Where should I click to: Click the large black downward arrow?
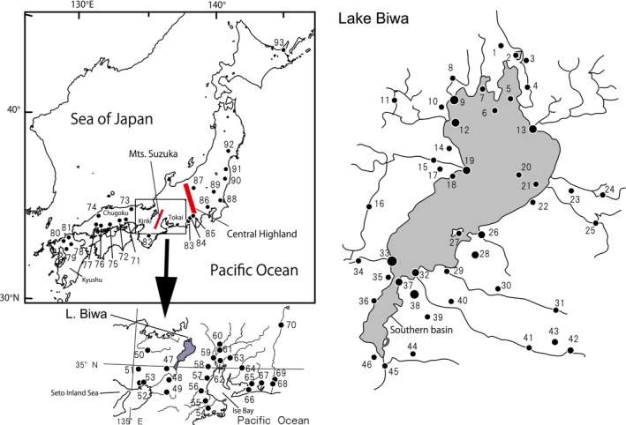(x=164, y=272)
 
